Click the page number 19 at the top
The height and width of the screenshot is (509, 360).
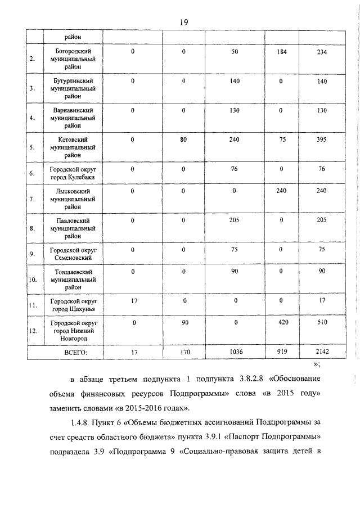[x=183, y=22]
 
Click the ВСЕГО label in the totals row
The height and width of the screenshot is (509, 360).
[x=76, y=352]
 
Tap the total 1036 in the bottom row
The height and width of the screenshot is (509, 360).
[x=235, y=352]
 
